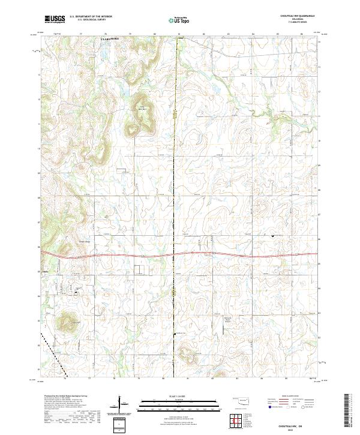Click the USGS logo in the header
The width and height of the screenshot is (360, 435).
point(54,20)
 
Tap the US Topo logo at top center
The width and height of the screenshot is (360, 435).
point(175,20)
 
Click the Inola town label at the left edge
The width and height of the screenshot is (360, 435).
point(44,271)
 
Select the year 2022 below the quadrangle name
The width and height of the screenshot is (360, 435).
point(303,430)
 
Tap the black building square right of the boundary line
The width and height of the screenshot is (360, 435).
point(273,236)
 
